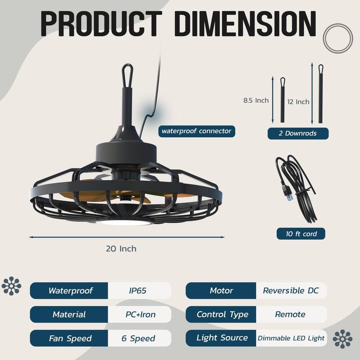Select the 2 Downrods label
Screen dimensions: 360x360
click(298, 133)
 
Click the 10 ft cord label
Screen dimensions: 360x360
click(301, 234)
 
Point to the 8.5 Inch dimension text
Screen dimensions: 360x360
click(256, 100)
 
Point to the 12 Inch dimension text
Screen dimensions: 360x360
click(298, 102)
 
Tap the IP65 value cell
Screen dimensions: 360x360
click(139, 291)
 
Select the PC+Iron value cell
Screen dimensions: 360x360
click(139, 314)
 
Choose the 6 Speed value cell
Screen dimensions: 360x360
click(139, 338)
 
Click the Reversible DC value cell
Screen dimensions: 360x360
click(291, 291)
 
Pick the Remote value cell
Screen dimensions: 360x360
click(291, 314)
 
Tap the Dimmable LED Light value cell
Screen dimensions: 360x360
click(291, 338)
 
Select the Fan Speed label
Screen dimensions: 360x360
click(69, 338)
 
